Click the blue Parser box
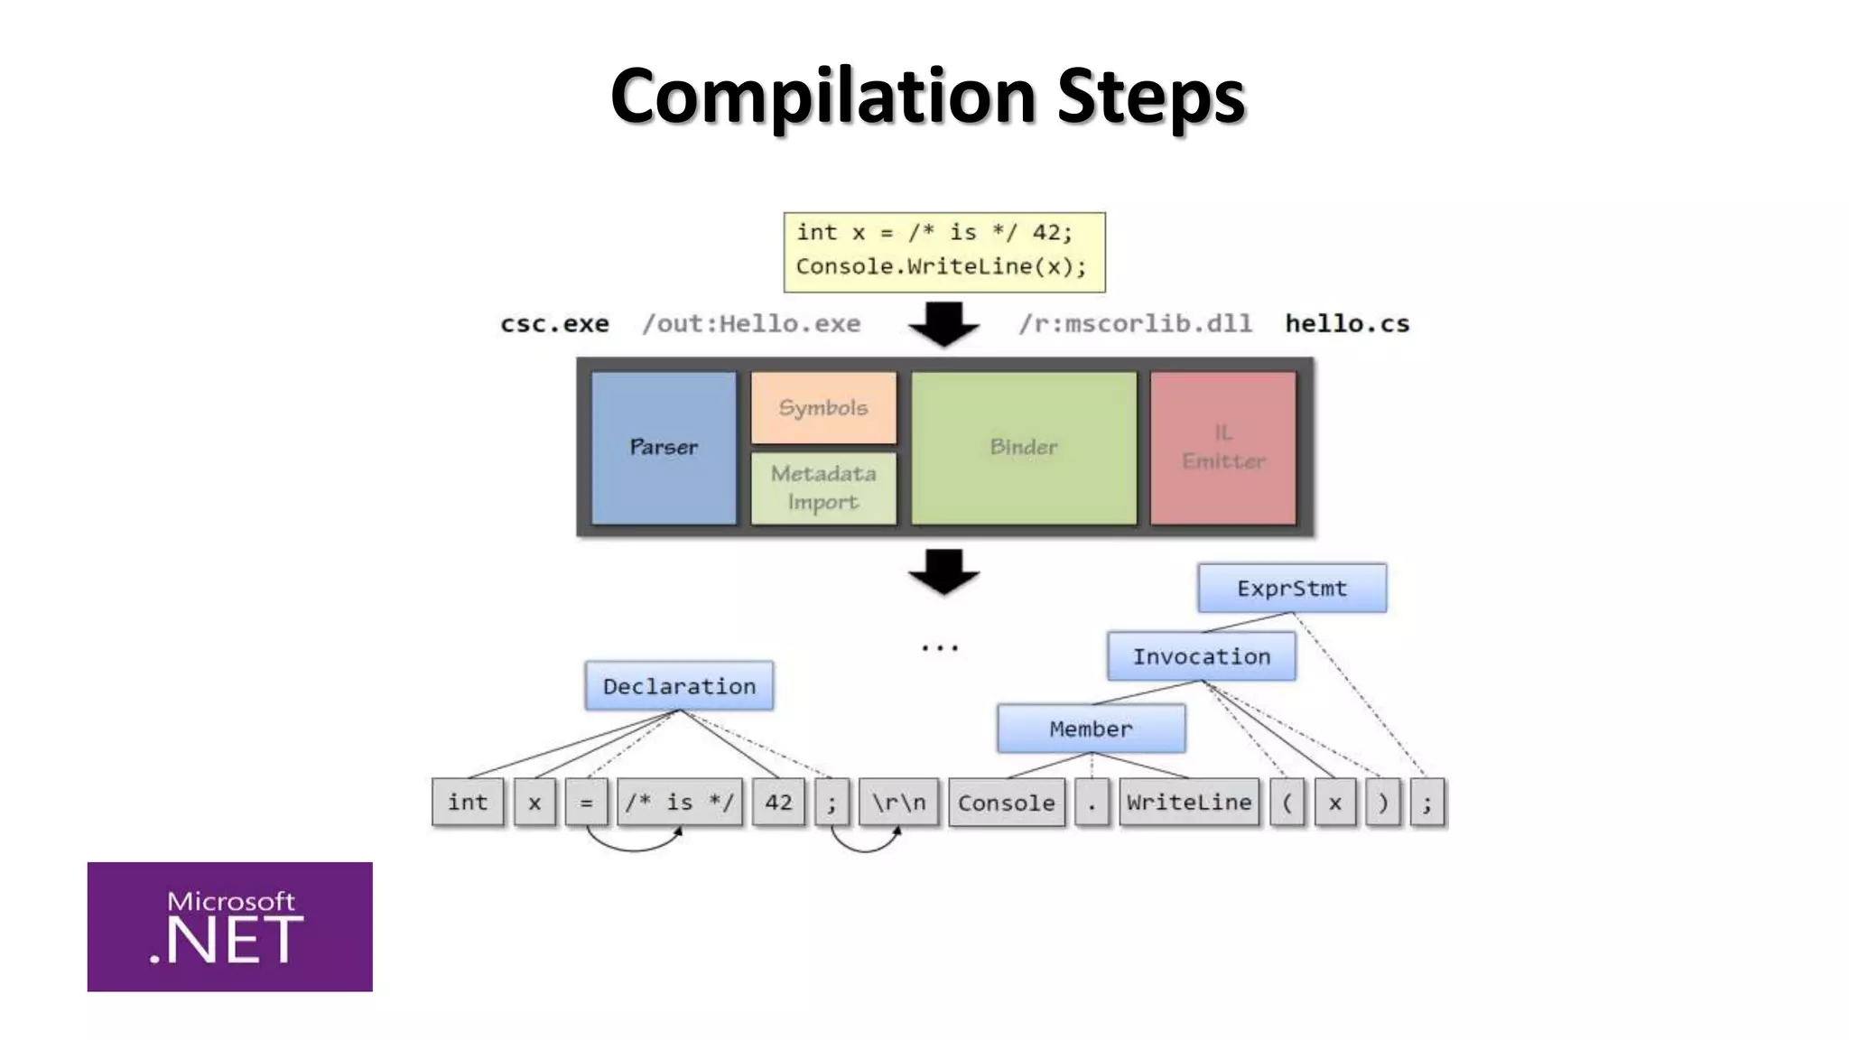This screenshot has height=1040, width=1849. click(664, 448)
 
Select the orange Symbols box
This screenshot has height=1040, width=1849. click(823, 408)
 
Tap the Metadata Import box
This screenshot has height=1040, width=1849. click(823, 487)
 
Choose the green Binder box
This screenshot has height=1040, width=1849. click(1023, 448)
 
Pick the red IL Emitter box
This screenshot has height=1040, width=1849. click(1223, 448)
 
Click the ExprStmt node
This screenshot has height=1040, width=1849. click(1292, 589)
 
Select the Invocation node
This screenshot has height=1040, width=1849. click(1202, 656)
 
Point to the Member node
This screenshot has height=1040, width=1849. click(1091, 729)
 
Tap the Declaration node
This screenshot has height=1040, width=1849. click(679, 686)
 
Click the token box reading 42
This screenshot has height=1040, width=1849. click(778, 802)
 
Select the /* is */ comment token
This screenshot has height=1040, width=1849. click(680, 802)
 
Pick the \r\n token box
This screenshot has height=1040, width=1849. click(898, 802)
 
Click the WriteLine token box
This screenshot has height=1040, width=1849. click(1189, 802)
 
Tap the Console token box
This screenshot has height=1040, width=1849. click(1006, 803)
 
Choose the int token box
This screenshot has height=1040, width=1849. click(468, 802)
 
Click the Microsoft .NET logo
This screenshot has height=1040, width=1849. click(229, 926)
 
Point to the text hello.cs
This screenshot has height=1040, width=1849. click(1347, 324)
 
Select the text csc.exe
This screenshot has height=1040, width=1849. click(554, 324)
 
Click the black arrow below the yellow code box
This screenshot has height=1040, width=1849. click(943, 324)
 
